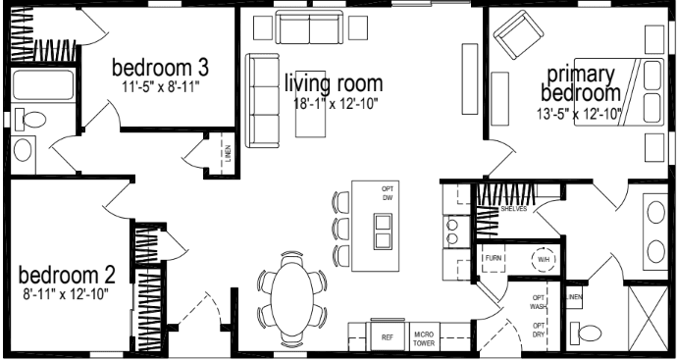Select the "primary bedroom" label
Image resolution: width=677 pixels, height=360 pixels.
point(579,83)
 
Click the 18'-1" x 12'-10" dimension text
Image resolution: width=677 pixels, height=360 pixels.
point(335,103)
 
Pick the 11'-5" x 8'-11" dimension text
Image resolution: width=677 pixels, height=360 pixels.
point(159,86)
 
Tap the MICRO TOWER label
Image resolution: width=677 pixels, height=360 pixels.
point(424,336)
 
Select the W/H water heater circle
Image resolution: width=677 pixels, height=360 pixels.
point(543,260)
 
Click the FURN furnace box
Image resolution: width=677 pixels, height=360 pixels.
point(494,259)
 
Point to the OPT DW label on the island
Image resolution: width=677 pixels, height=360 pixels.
point(388,193)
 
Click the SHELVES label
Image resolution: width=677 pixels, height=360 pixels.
point(514,209)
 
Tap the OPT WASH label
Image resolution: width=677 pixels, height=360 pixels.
point(539,302)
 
